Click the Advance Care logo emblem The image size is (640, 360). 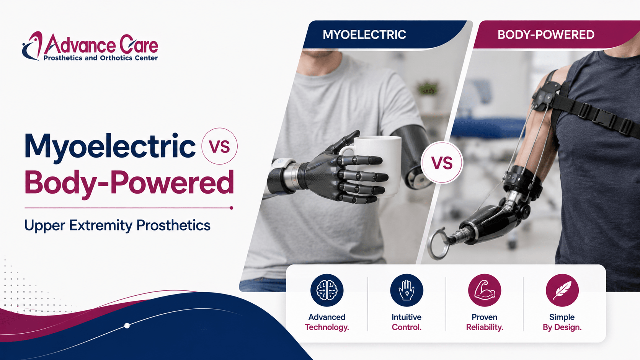(x=32, y=46)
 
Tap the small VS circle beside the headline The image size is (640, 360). (x=219, y=146)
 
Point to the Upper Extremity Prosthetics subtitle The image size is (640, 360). (x=117, y=226)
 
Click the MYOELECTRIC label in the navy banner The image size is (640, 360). (x=364, y=34)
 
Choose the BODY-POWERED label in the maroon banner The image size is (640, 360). (x=546, y=34)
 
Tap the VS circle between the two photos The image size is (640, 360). (x=442, y=163)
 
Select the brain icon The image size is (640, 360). (x=327, y=290)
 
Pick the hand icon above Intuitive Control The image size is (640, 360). (x=407, y=290)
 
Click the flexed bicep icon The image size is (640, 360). (x=485, y=290)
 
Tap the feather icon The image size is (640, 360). (x=562, y=290)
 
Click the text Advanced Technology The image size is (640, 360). (x=327, y=322)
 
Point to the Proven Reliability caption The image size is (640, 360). (x=485, y=322)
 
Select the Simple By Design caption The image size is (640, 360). (x=562, y=322)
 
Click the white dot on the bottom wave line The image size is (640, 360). (x=127, y=326)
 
